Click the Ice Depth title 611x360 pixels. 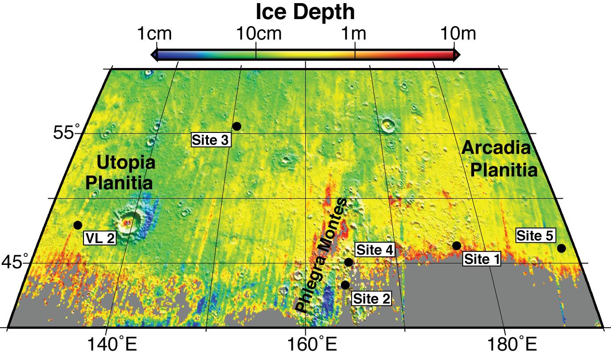pos(305,12)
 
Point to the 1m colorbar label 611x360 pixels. pos(354,34)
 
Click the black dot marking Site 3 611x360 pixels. pos(237,126)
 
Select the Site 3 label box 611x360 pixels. pos(211,140)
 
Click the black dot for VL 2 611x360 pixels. pos(78,225)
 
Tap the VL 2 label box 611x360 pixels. pos(100,239)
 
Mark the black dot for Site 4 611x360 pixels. pos(348,262)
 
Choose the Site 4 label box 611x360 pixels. pos(375,250)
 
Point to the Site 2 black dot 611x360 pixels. pos(345,285)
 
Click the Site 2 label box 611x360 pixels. pos(371,299)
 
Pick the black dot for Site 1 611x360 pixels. pos(456,246)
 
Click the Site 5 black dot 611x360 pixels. pos(561,248)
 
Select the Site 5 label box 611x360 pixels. pos(535,236)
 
